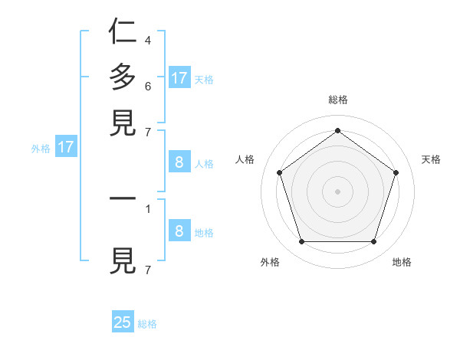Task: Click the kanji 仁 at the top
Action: tap(123, 31)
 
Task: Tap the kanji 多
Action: tap(123, 77)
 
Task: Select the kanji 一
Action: tap(123, 198)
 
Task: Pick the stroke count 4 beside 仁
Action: tap(147, 40)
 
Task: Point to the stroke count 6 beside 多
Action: tap(147, 85)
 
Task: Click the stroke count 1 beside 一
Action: tap(147, 208)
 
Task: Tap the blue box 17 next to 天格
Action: tap(179, 77)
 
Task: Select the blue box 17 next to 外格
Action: tap(66, 147)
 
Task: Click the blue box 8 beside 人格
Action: tap(179, 162)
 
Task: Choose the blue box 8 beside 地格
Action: tap(179, 231)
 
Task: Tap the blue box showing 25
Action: tap(123, 322)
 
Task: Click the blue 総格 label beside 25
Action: tap(147, 324)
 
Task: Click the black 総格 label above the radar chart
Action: tap(337, 100)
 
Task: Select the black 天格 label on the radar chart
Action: tap(431, 159)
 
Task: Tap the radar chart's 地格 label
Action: tap(402, 262)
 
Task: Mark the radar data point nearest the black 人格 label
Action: tap(279, 172)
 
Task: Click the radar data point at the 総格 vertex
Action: tap(337, 130)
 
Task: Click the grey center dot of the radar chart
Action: tap(337, 191)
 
